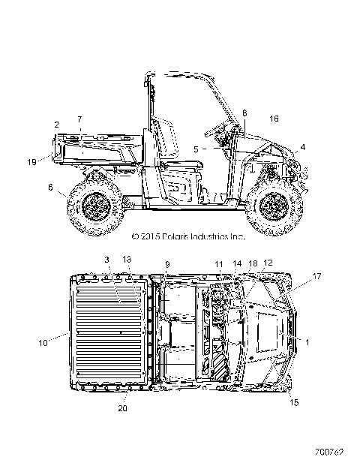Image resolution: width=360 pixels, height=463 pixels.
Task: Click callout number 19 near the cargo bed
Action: click(x=31, y=162)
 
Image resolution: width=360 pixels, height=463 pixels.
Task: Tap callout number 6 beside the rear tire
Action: click(x=50, y=187)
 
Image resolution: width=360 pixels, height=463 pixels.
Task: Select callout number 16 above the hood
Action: click(x=274, y=119)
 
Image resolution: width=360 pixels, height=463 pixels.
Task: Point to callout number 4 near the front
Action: click(x=303, y=147)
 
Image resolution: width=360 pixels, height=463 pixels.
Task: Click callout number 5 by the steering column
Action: click(x=196, y=149)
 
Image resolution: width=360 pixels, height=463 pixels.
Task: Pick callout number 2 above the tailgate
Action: click(x=57, y=125)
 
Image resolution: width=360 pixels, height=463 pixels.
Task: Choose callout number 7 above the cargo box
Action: click(x=79, y=119)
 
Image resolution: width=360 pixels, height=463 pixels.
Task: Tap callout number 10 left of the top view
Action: click(x=43, y=343)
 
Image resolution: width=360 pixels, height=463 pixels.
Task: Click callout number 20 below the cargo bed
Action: click(x=123, y=408)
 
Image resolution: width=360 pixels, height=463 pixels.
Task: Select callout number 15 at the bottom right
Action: click(x=294, y=402)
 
